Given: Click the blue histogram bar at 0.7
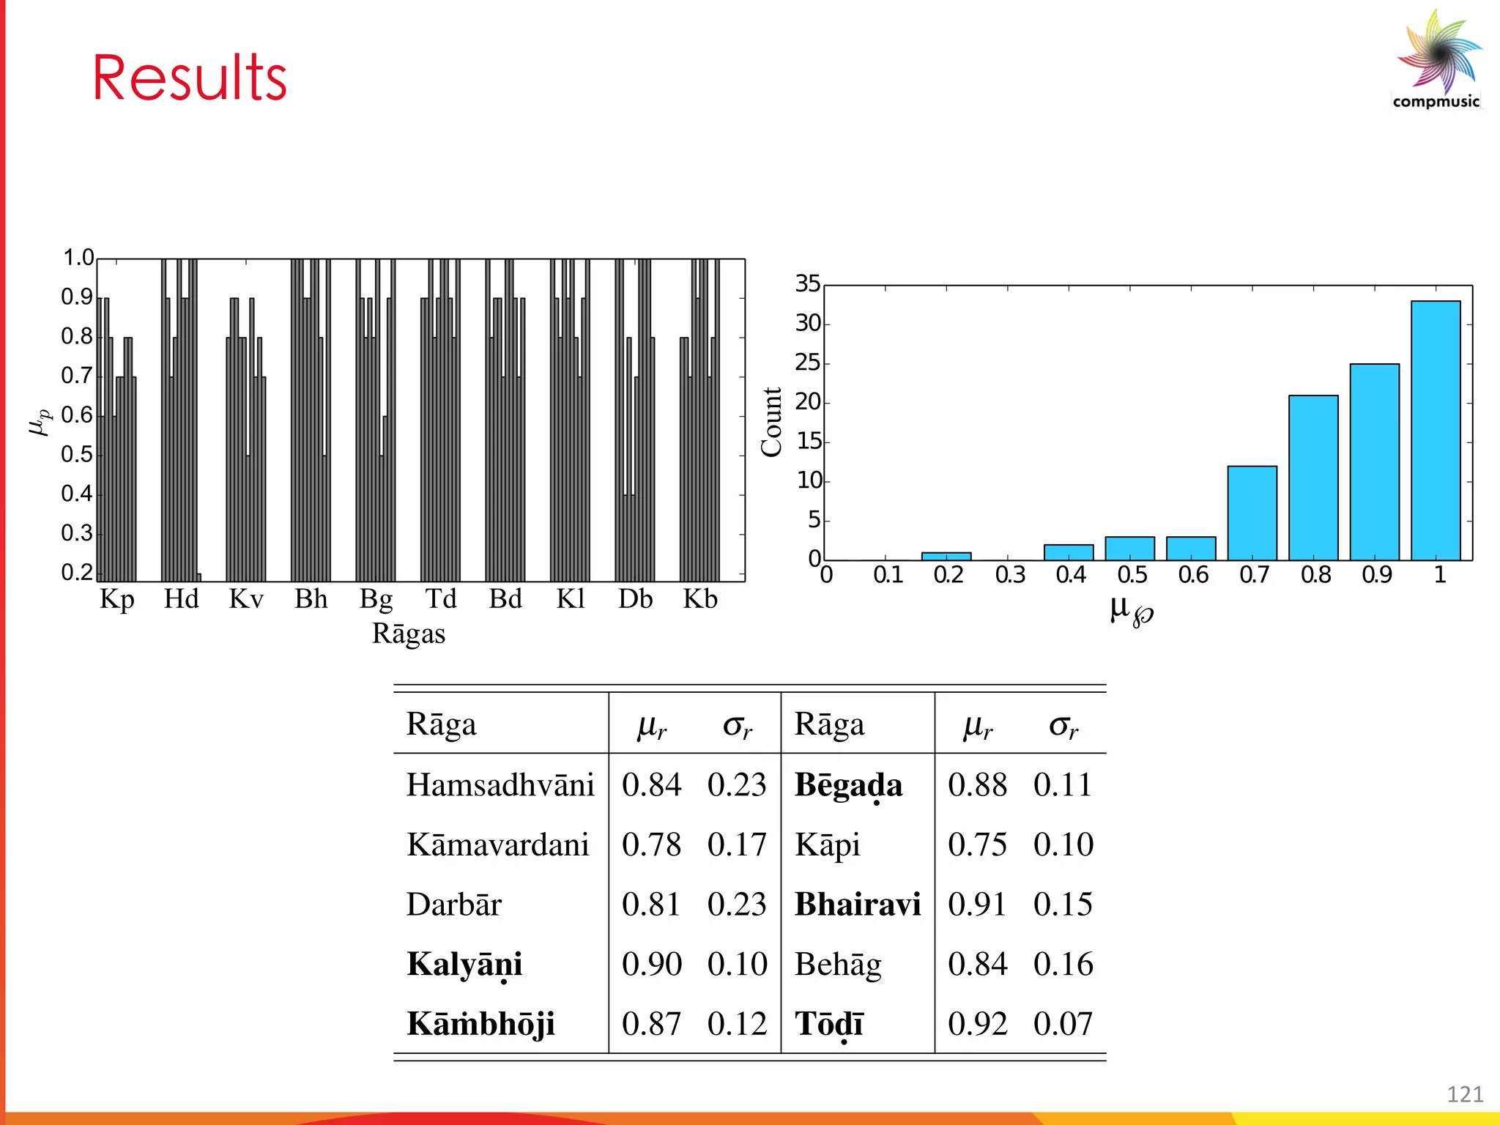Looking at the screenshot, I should tap(1252, 513).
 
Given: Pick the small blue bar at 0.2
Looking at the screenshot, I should tap(946, 557).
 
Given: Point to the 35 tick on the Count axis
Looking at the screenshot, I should tap(808, 284).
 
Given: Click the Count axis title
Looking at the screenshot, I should tap(772, 423).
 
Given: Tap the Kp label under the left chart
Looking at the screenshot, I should tap(117, 600).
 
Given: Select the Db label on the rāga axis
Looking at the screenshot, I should tap(635, 599).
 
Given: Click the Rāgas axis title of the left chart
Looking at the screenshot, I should tap(409, 634).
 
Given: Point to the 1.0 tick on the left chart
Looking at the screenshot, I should tap(78, 258).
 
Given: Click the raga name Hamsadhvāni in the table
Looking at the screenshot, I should tap(500, 785).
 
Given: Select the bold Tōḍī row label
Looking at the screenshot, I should tap(829, 1024).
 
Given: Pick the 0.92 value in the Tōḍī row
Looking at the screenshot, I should tap(977, 1024).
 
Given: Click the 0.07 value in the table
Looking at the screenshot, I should tap(1063, 1024).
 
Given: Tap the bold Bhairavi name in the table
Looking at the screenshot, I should tap(858, 905).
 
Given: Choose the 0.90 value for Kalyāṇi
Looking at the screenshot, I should tap(651, 965).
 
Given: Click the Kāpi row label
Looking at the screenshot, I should tap(828, 845).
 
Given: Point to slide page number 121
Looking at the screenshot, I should tap(1465, 1094).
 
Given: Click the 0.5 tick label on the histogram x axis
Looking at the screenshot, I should tap(1132, 575).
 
